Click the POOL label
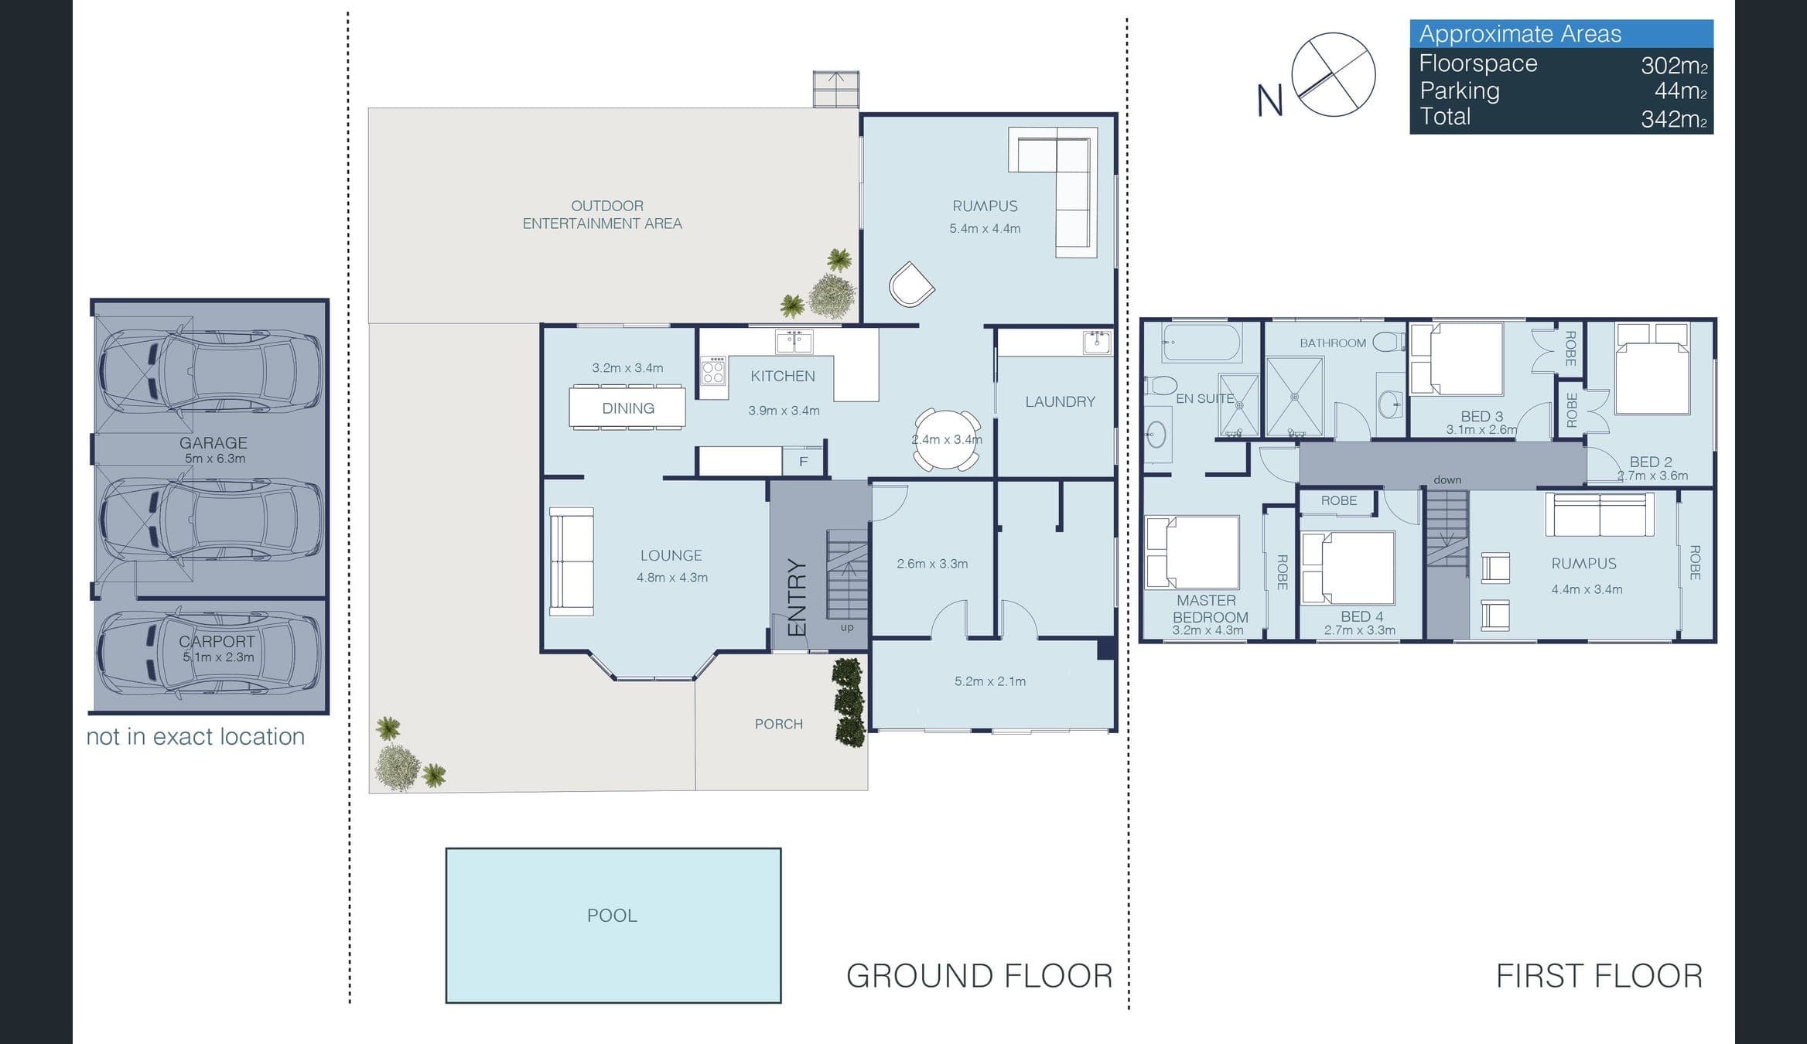612,916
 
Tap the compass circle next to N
1334,74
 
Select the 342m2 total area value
1674,119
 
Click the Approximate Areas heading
1520,34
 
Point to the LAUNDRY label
1060,401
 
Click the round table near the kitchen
948,439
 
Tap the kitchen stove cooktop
713,371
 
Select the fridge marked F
803,462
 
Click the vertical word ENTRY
797,597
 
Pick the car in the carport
209,653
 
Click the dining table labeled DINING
627,408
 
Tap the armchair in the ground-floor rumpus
911,285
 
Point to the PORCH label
779,724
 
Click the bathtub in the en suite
1201,342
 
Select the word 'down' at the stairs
1447,479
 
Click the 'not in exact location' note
196,736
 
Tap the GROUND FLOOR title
979,976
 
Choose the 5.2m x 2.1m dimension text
990,681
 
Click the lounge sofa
572,561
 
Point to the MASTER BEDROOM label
1210,609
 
